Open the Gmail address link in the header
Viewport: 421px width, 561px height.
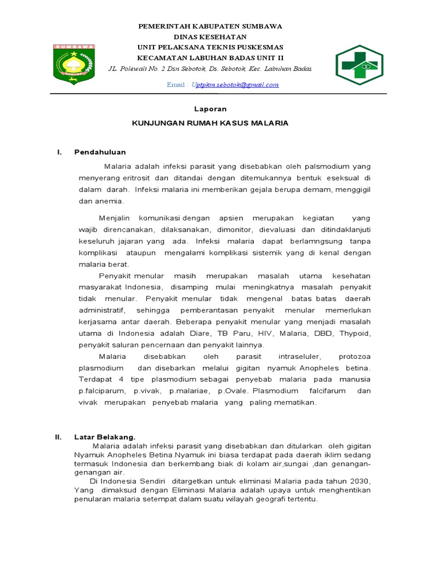[235, 85]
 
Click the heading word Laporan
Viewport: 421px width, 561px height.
[210, 109]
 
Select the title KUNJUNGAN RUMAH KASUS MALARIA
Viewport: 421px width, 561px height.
[210, 123]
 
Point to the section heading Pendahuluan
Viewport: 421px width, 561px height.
[100, 152]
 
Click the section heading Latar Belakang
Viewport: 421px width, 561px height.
[105, 437]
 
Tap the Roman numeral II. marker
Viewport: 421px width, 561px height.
[58, 437]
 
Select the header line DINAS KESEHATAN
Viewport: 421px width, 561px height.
[210, 36]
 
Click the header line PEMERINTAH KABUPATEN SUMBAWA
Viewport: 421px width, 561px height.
[210, 26]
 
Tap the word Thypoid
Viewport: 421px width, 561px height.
[355, 334]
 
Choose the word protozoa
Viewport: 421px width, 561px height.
[355, 356]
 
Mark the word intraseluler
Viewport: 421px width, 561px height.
[301, 356]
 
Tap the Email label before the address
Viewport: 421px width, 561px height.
[177, 85]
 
